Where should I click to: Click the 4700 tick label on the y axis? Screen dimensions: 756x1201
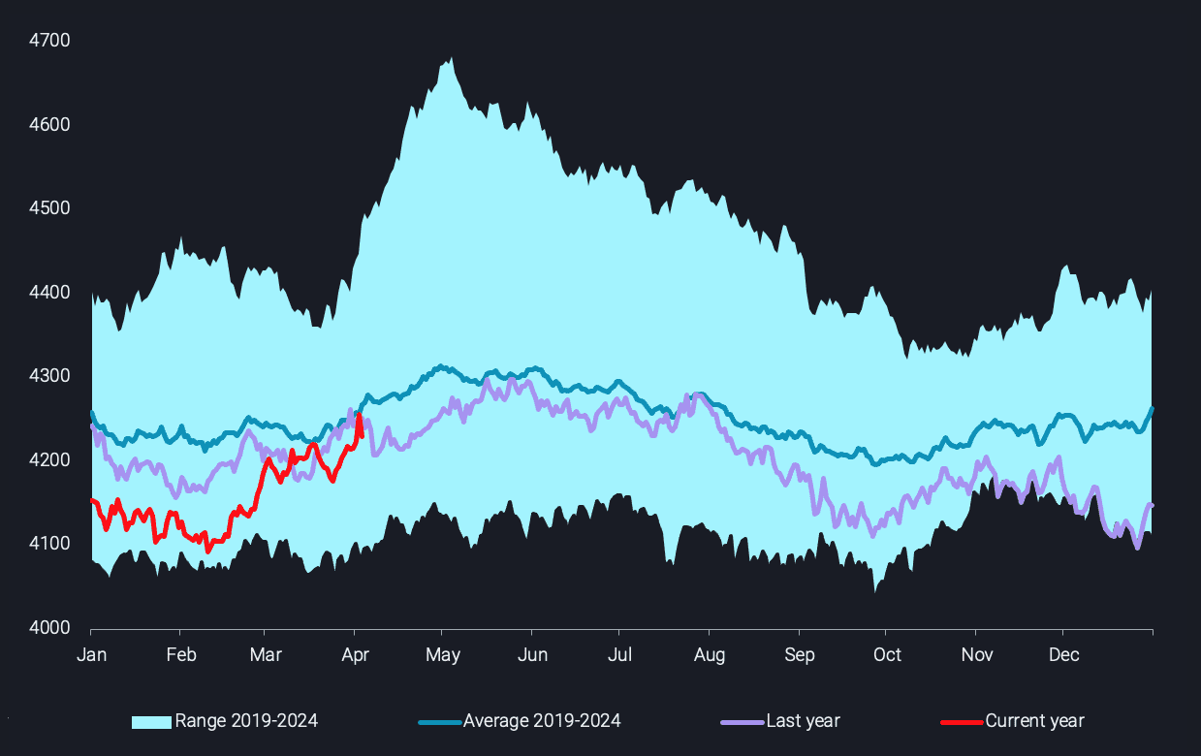coord(49,41)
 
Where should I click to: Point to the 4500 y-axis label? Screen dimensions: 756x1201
coord(49,208)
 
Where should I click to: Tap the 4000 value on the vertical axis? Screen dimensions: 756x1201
coord(49,628)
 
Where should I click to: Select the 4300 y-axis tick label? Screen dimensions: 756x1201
coord(49,376)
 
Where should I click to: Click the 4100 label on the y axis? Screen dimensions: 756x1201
coord(49,544)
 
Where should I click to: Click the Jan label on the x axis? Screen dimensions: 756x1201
coord(91,655)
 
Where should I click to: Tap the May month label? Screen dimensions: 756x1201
coord(443,655)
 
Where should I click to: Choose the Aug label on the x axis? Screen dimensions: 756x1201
coord(710,655)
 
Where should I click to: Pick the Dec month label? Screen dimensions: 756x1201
coord(1063,655)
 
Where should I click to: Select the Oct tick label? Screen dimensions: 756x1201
coord(887,655)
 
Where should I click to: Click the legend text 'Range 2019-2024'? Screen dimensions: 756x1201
coord(246,721)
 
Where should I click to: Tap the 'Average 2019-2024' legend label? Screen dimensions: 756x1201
coord(542,721)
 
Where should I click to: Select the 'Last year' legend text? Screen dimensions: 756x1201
coord(803,721)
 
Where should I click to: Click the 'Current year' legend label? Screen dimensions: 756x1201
coord(1034,721)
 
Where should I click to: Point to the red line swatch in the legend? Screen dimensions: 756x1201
coord(962,722)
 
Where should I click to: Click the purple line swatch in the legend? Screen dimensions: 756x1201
coord(743,722)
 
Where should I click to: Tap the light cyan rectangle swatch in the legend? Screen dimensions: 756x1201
coord(152,722)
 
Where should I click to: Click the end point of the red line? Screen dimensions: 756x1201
coord(362,435)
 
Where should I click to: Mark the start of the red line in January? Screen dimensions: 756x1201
coord(91,500)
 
